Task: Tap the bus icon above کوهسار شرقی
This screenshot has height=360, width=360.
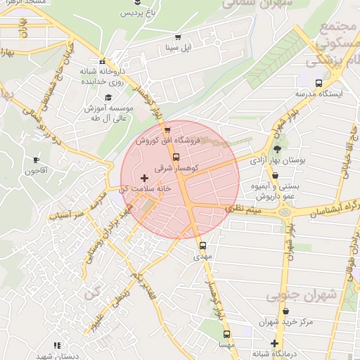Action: (x=176, y=157)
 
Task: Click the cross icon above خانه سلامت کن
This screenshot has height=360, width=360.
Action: (x=145, y=178)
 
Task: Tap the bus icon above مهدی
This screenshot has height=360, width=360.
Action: (x=202, y=246)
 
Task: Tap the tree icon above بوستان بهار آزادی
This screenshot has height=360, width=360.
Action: (x=277, y=149)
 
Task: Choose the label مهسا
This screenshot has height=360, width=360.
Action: (x=226, y=345)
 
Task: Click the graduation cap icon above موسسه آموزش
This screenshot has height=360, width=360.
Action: (x=108, y=97)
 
